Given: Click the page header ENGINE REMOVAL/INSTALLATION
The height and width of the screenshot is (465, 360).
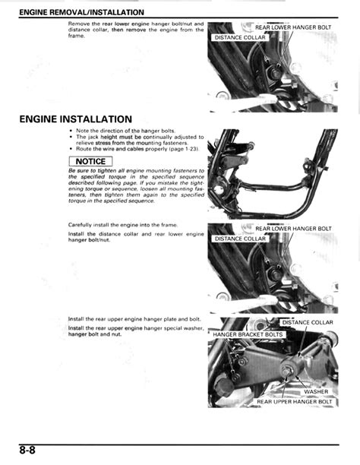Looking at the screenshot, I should point(81,12).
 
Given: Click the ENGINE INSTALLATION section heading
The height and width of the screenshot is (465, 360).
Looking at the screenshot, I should point(76,119).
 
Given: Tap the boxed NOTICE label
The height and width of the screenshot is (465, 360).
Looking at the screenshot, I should point(90,161).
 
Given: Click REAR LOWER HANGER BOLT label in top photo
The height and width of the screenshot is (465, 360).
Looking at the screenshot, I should point(292,27).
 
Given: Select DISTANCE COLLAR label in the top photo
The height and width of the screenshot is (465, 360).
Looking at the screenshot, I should point(239,36).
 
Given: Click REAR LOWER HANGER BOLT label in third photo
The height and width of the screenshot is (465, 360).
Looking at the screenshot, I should point(292,229).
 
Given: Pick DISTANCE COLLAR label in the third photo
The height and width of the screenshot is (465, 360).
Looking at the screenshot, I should point(239,239).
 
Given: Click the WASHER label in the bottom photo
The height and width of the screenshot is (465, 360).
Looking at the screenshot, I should point(316,392).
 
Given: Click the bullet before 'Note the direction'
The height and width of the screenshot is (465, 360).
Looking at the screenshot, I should point(71,131).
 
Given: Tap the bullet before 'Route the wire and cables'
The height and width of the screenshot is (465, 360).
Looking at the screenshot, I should point(71,148).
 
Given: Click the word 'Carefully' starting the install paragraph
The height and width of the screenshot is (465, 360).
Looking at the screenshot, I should point(82,225).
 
